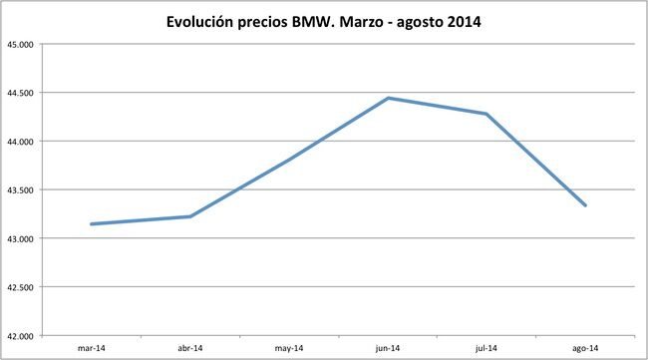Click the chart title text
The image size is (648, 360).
click(323, 21)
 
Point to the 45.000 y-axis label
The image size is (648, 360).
click(20, 45)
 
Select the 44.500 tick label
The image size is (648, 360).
click(20, 94)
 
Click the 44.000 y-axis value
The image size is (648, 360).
click(20, 142)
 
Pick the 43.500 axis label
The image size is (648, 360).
click(20, 190)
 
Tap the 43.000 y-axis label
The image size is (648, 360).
click(20, 239)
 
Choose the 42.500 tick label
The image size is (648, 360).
click(20, 287)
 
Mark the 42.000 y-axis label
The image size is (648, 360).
click(20, 336)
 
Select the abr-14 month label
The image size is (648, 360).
click(189, 348)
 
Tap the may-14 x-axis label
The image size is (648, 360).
click(288, 348)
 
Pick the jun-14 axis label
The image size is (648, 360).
click(388, 348)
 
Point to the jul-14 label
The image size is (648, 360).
click(486, 348)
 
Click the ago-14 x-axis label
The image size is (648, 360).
click(585, 348)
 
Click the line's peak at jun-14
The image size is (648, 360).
click(388, 98)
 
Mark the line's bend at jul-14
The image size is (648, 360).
click(486, 114)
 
